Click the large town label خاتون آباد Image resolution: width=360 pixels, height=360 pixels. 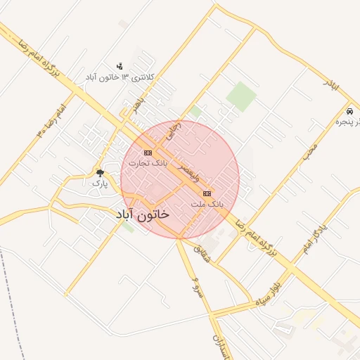pyautogui.click(x=142, y=214)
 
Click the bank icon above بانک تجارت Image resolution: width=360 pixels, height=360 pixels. pyautogui.click(x=148, y=153)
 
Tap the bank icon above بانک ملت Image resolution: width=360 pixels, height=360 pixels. pyautogui.click(x=207, y=193)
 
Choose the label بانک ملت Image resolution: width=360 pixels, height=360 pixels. pyautogui.click(x=207, y=203)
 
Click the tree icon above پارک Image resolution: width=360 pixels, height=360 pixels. pyautogui.click(x=100, y=172)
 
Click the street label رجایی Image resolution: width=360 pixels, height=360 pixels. pyautogui.click(x=173, y=129)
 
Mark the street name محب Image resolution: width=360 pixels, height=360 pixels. pyautogui.click(x=310, y=153)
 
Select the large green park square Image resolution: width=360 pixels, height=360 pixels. pyautogui.click(x=241, y=96)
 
